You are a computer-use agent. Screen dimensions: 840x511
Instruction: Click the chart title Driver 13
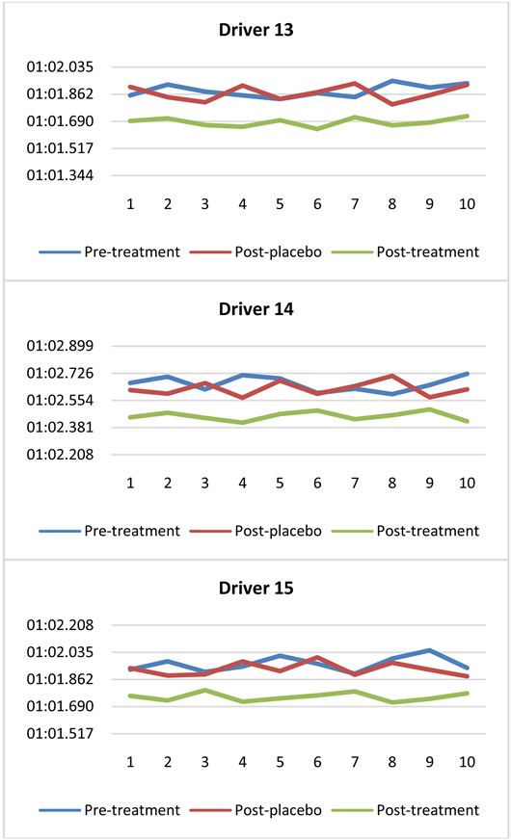[255, 30]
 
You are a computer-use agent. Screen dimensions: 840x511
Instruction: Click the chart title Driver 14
[255, 309]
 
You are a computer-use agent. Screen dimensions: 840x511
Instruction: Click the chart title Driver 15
[255, 588]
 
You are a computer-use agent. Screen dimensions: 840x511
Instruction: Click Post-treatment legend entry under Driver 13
[423, 251]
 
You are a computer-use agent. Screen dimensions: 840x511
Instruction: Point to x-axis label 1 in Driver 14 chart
[130, 483]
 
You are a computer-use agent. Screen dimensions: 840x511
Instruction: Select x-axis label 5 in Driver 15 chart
[280, 762]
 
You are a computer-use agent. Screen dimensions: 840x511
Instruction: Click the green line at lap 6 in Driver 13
[317, 129]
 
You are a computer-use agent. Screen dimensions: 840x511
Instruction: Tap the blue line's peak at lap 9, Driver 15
[430, 650]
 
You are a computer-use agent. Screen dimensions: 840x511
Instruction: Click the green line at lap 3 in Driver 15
[204, 690]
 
